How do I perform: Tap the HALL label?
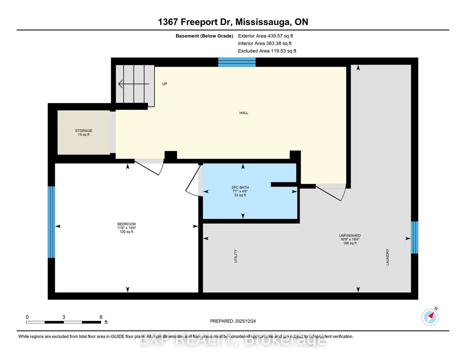(244, 113)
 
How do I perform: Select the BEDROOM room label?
(127, 224)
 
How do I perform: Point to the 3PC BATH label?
(240, 188)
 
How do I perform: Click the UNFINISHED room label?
(349, 236)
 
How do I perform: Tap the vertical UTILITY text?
(236, 256)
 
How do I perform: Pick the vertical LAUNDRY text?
(387, 257)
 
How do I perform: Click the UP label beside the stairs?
(165, 84)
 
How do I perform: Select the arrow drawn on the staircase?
(133, 84)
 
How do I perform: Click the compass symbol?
(430, 317)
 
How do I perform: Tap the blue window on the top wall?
(237, 62)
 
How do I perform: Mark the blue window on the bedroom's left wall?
(51, 222)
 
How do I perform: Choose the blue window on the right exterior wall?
(414, 237)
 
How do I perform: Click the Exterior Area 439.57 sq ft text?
(265, 36)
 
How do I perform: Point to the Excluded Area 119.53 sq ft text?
(267, 51)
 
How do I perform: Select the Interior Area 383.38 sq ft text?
(265, 43)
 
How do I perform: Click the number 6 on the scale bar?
(101, 317)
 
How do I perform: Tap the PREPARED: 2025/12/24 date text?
(233, 321)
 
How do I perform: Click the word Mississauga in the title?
(263, 22)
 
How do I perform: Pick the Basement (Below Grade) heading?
(204, 36)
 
